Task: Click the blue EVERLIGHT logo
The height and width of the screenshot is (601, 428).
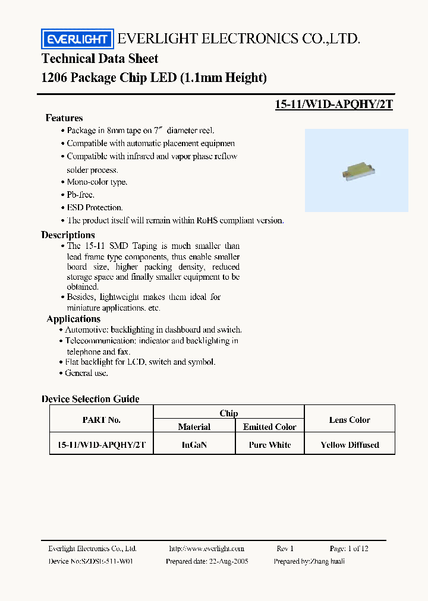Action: click(76, 39)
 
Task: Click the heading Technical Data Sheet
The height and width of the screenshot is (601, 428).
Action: click(100, 59)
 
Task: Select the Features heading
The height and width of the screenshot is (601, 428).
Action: click(64, 118)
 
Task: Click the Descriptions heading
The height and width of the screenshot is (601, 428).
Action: click(68, 235)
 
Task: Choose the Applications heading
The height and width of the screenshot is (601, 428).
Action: click(73, 319)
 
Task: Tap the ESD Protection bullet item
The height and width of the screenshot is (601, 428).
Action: click(95, 207)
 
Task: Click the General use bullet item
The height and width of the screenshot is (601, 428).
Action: click(86, 373)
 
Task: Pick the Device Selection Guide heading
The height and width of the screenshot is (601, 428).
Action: click(90, 399)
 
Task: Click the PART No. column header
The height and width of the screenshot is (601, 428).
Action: click(101, 419)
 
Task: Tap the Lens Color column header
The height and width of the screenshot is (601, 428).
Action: click(350, 419)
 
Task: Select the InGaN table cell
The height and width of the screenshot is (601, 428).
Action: click(194, 445)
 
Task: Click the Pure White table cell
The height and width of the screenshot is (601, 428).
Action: click(270, 445)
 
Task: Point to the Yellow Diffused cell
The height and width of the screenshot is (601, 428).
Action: click(350, 445)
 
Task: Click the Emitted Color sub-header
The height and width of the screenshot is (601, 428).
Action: click(270, 427)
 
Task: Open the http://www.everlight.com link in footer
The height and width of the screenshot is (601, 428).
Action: click(206, 549)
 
